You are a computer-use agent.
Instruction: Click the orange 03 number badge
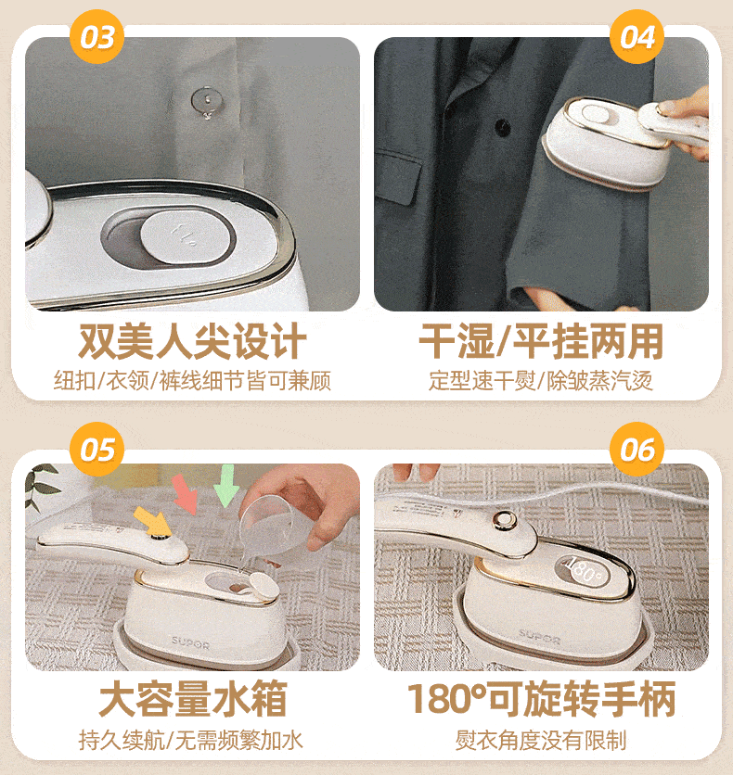[96, 36]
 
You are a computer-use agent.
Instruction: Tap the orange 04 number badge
[637, 36]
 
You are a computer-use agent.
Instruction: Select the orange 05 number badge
[96, 450]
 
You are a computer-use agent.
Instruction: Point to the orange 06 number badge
[637, 450]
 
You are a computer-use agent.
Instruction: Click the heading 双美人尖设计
[192, 341]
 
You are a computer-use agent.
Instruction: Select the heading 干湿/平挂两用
[541, 341]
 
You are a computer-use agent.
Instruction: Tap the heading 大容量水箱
[192, 698]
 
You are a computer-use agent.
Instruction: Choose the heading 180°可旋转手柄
[541, 698]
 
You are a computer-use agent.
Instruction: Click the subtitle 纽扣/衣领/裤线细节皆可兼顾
[192, 381]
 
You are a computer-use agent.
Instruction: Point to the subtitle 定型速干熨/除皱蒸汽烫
[541, 381]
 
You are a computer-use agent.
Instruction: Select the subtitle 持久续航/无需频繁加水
[191, 740]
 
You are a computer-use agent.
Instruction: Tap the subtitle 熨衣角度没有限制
[541, 740]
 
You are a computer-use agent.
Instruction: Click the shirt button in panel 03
[207, 101]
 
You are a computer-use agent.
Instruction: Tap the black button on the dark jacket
[503, 127]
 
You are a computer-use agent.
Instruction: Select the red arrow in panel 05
[186, 493]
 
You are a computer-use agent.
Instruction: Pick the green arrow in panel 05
[226, 486]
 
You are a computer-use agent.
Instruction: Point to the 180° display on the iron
[583, 570]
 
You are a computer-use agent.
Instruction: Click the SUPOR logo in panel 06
[539, 637]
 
